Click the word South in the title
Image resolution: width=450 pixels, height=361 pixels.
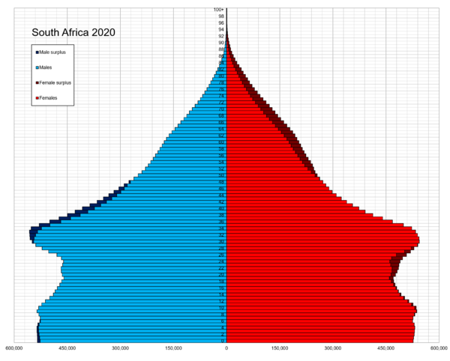coord(47,33)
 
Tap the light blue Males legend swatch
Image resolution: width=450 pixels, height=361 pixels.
coord(35,67)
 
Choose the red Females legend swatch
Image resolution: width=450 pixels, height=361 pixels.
coord(35,98)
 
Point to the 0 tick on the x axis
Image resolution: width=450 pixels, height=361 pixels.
coord(226,348)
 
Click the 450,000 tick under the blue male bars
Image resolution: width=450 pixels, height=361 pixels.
coord(67,348)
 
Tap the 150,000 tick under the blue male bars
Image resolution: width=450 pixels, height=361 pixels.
coord(173,348)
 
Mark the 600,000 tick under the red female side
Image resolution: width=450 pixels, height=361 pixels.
coord(438,348)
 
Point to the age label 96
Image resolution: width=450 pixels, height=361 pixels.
coord(221,22)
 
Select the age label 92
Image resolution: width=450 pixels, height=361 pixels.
coord(221,36)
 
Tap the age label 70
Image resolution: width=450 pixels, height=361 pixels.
coord(221,109)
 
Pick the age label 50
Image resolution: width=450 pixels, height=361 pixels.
coord(221,175)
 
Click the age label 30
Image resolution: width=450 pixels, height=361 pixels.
coord(221,242)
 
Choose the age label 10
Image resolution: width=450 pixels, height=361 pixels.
coord(221,308)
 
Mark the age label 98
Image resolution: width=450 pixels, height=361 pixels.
coord(221,16)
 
